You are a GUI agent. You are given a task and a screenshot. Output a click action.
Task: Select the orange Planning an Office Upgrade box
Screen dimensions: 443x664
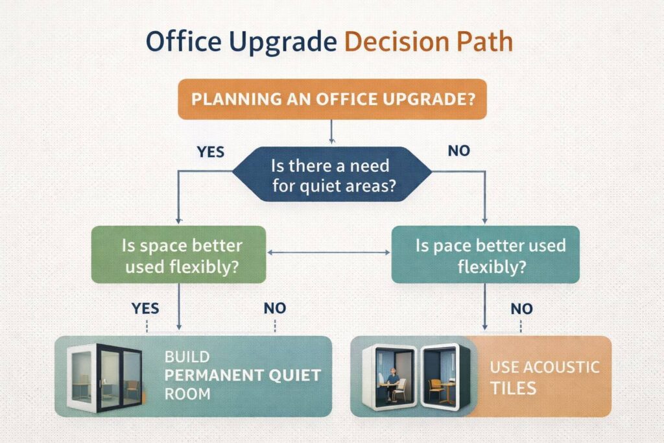331,99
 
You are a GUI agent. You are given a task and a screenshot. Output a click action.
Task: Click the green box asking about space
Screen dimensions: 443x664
178,254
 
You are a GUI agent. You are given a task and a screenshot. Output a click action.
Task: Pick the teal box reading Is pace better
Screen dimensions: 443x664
485,254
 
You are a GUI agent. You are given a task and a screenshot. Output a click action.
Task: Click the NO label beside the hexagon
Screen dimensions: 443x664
460,152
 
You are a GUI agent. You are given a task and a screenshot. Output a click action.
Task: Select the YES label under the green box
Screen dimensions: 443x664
147,308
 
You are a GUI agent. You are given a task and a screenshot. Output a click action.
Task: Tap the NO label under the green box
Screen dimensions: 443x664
275,308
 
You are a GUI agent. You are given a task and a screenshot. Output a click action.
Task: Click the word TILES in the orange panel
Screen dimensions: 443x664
513,388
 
